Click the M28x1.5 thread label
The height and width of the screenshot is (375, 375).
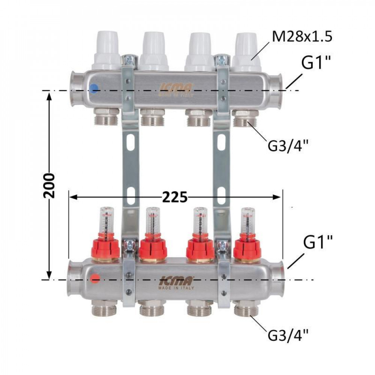(x=303, y=37)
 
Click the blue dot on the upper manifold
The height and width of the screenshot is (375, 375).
(x=94, y=88)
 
